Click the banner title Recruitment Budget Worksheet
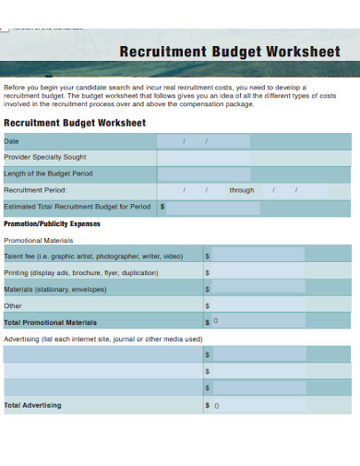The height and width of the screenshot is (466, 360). pyautogui.click(x=230, y=51)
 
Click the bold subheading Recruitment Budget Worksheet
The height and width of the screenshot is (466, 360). pyautogui.click(x=75, y=123)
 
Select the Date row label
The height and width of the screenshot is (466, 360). pyautogui.click(x=12, y=141)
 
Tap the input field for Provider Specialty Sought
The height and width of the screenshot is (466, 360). pyautogui.click(x=203, y=158)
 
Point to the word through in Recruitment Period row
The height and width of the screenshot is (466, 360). pyautogui.click(x=242, y=190)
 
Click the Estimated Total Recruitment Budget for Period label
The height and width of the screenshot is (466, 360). pyautogui.click(x=77, y=207)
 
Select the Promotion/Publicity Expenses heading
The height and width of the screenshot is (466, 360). pyautogui.click(x=53, y=223)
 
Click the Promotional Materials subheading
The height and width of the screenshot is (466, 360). pyautogui.click(x=39, y=240)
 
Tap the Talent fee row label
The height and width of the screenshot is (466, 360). pyautogui.click(x=93, y=257)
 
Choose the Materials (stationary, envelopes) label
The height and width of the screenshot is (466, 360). pyautogui.click(x=55, y=289)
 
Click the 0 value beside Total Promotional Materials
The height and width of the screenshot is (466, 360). pyautogui.click(x=216, y=322)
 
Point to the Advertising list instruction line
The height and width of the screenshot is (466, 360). pyautogui.click(x=102, y=339)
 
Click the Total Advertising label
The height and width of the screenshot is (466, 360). pyautogui.click(x=32, y=405)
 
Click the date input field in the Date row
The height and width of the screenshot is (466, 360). pyautogui.click(x=203, y=141)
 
